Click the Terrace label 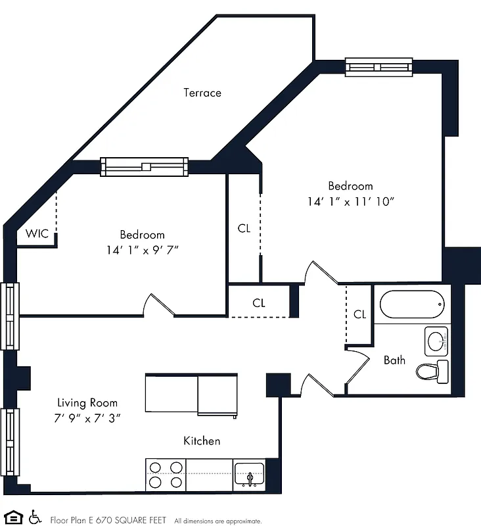click(x=202, y=93)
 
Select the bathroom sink click(x=436, y=341)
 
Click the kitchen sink click(x=250, y=474)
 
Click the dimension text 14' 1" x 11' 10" click(x=350, y=202)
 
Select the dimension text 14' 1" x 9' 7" click(x=142, y=250)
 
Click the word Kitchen click(x=202, y=441)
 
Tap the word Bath click(x=394, y=360)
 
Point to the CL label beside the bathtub click(x=359, y=314)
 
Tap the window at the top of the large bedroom click(x=379, y=67)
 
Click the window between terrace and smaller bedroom click(x=144, y=167)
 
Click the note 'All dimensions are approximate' click(x=218, y=521)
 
